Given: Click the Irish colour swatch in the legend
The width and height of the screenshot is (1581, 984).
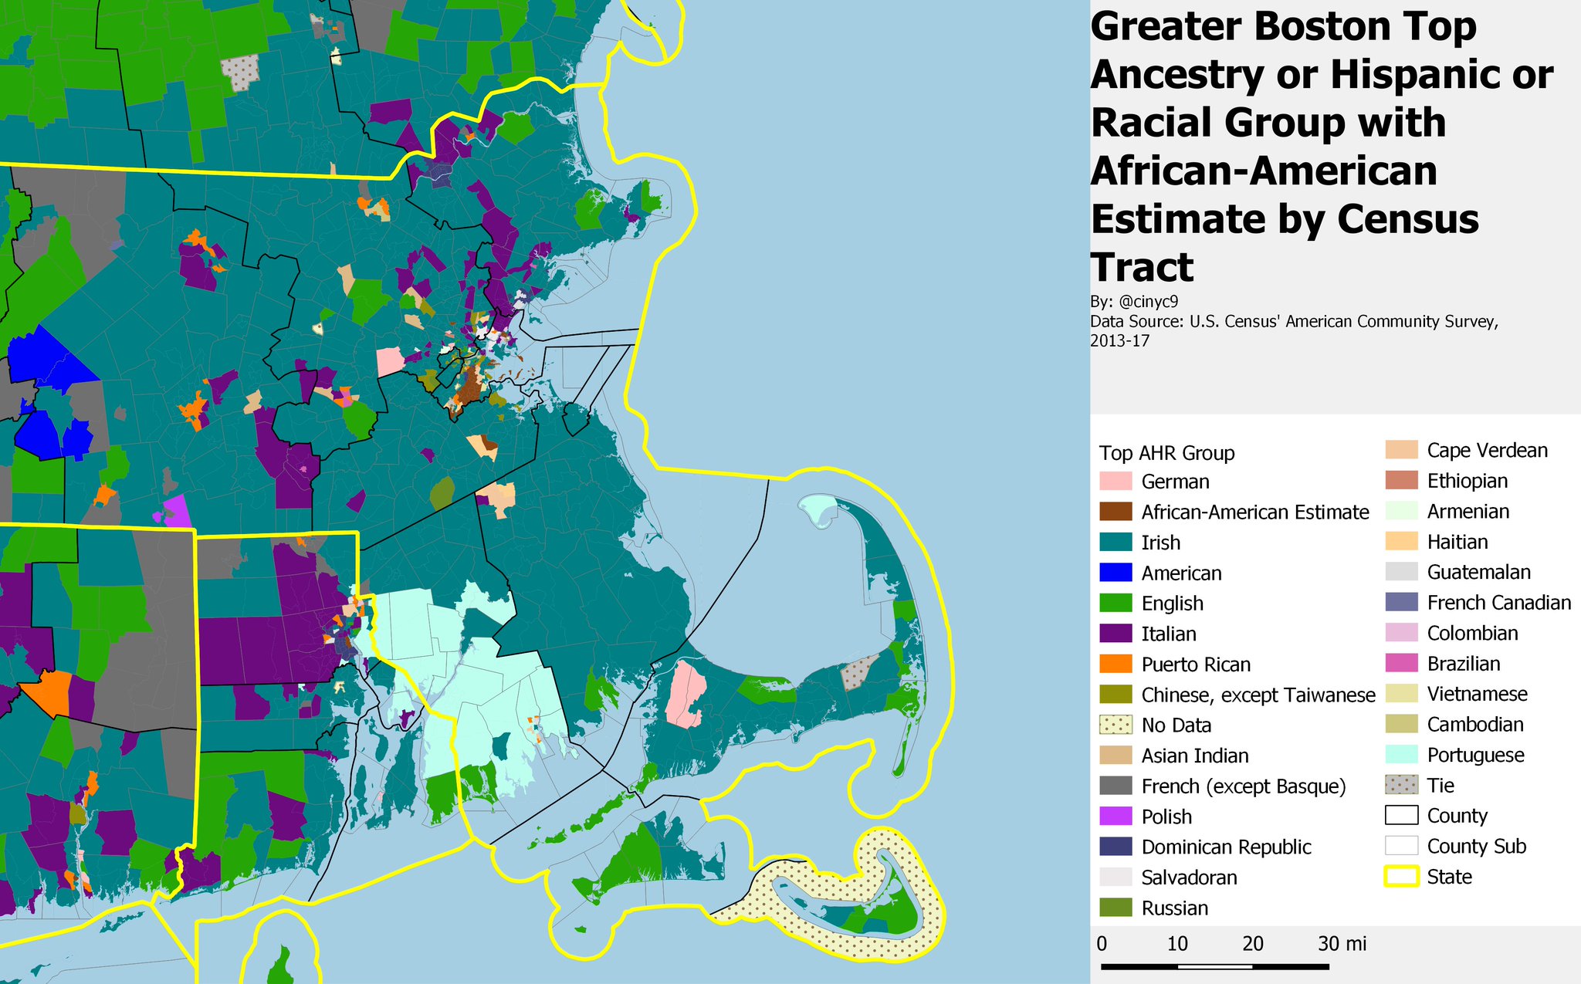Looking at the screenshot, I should pos(1116,543).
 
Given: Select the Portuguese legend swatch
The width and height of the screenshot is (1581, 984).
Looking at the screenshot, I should pos(1401,755).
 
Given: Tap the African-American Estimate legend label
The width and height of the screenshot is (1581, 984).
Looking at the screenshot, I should pos(1254,512).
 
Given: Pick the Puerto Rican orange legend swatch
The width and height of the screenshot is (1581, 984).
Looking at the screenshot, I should pos(1116,664).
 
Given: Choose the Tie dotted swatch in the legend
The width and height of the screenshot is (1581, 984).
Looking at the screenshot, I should pos(1401,786).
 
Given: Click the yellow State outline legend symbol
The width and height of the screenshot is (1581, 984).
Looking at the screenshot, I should pos(1401,877).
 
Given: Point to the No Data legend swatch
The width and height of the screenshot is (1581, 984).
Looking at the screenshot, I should pos(1116,725).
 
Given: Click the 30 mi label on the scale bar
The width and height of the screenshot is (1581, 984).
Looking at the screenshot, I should pos(1342,943).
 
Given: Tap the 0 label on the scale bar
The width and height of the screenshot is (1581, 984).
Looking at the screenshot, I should pos(1102,943).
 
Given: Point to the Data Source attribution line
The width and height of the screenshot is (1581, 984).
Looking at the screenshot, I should pos(1293,322).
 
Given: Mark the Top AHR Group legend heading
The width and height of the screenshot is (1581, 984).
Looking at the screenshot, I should pos(1166,453).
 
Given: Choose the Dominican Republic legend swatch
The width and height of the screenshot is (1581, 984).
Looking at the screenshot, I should pos(1116,847).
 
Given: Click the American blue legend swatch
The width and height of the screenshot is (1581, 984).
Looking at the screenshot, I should pos(1116,573).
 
